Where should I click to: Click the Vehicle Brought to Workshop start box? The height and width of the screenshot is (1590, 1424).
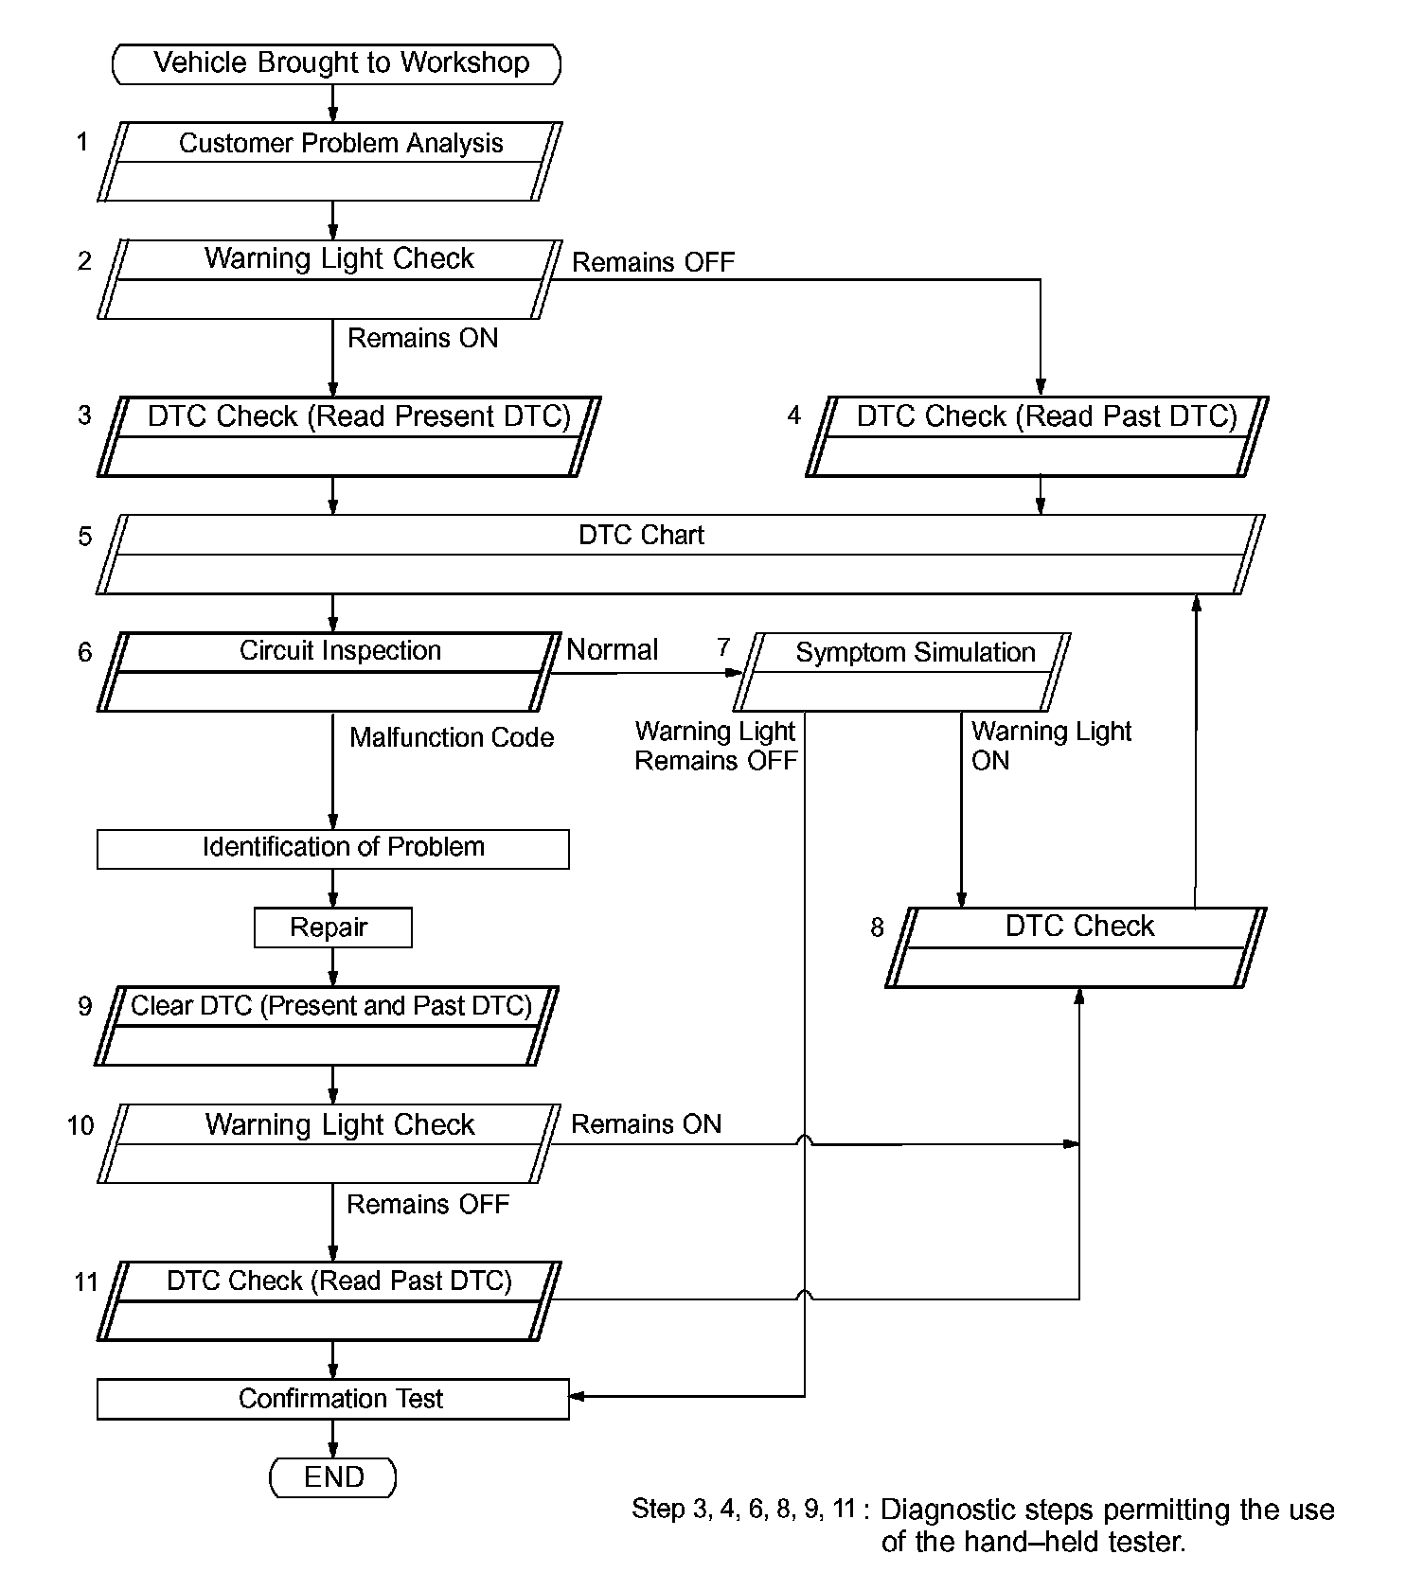tap(336, 63)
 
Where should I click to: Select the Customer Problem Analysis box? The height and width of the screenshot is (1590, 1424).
tap(329, 161)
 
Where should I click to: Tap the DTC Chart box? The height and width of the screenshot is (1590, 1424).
tap(680, 554)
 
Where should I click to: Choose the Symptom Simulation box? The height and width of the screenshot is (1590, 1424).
tap(902, 671)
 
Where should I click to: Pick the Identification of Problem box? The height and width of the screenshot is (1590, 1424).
tap(333, 848)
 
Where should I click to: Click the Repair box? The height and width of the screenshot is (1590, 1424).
tap(333, 927)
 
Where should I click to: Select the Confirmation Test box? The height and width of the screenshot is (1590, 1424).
tap(333, 1399)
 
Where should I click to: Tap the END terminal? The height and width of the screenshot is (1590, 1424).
tap(333, 1477)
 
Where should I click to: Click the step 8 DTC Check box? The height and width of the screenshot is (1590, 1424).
tap(1077, 946)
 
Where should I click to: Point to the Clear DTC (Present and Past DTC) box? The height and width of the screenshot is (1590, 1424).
tap(328, 1026)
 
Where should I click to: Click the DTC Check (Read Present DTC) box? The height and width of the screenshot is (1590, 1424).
tap(349, 435)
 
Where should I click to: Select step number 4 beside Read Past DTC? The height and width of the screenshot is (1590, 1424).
tap(794, 415)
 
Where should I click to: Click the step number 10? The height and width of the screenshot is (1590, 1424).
tap(80, 1125)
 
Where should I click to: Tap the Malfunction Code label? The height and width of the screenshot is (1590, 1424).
tap(452, 738)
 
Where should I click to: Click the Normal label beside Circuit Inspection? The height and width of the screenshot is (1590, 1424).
tap(612, 650)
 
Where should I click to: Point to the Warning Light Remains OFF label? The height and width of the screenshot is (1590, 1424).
tap(716, 746)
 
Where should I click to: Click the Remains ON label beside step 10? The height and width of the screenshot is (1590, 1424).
tap(646, 1124)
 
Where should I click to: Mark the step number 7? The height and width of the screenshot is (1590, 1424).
tap(723, 647)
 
